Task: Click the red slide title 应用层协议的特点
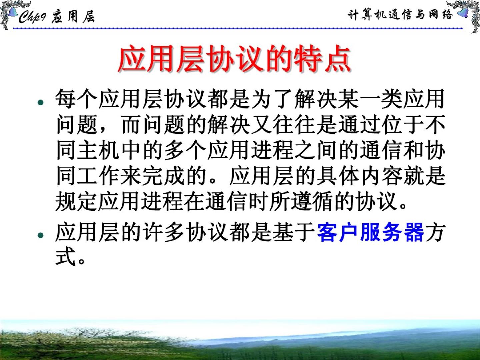tap(234, 58)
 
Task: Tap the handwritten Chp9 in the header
tap(32, 17)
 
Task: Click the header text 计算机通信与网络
tap(400, 15)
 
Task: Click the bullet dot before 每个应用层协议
tap(40, 102)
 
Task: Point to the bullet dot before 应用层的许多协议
tap(40, 235)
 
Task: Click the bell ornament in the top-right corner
tap(463, 13)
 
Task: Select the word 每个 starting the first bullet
tap(76, 99)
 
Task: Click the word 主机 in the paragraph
tap(98, 150)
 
